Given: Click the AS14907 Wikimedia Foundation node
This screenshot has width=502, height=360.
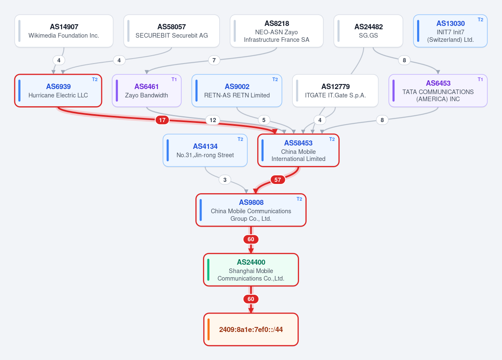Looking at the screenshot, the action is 64,31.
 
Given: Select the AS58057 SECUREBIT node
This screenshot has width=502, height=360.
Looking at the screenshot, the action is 172,31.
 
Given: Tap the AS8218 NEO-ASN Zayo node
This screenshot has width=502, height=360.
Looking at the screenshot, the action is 277,31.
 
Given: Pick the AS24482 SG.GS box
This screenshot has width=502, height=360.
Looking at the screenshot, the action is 368,31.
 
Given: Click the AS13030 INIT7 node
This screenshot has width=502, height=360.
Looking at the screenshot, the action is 450,31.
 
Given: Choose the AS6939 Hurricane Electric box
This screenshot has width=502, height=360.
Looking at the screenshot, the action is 58,91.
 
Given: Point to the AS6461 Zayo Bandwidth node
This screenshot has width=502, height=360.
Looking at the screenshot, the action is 146,91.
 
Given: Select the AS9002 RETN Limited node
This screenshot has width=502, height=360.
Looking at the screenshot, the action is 237,91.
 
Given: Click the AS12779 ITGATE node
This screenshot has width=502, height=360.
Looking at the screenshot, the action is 335,91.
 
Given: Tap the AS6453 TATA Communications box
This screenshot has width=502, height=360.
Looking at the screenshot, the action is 438,91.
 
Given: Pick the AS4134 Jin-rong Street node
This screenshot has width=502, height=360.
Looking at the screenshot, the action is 205,151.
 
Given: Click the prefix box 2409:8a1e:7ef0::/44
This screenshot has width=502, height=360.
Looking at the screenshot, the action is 251,329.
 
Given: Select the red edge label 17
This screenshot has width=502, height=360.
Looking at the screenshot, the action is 162,120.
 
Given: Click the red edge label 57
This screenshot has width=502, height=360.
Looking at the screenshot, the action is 278,180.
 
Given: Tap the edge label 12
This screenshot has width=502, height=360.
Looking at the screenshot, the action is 213,120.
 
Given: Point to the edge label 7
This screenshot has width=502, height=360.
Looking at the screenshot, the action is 214,60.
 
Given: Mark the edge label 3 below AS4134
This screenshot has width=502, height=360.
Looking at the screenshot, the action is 225,180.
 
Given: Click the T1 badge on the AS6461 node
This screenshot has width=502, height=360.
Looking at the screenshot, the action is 174,79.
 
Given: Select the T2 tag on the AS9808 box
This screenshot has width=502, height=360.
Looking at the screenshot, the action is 300,199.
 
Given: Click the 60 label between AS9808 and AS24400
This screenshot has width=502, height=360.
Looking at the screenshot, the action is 251,239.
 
